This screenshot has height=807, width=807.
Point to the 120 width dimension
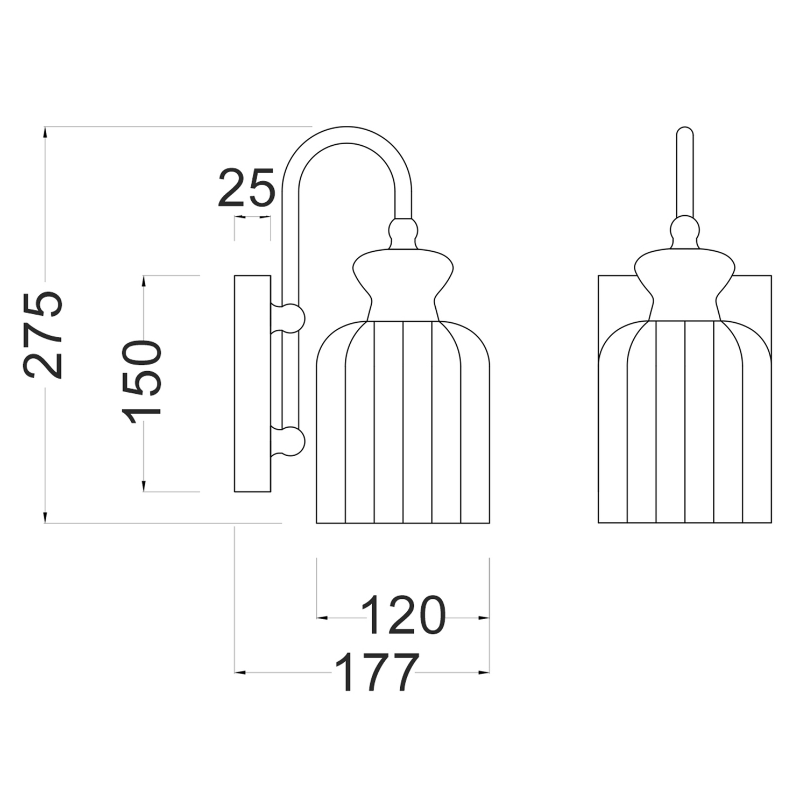pyautogui.click(x=403, y=615)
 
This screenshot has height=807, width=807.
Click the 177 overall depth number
pyautogui.click(x=376, y=672)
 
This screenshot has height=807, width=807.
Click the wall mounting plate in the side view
pyautogui.click(x=252, y=384)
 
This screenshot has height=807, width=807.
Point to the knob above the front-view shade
pyautogui.click(x=685, y=232)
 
